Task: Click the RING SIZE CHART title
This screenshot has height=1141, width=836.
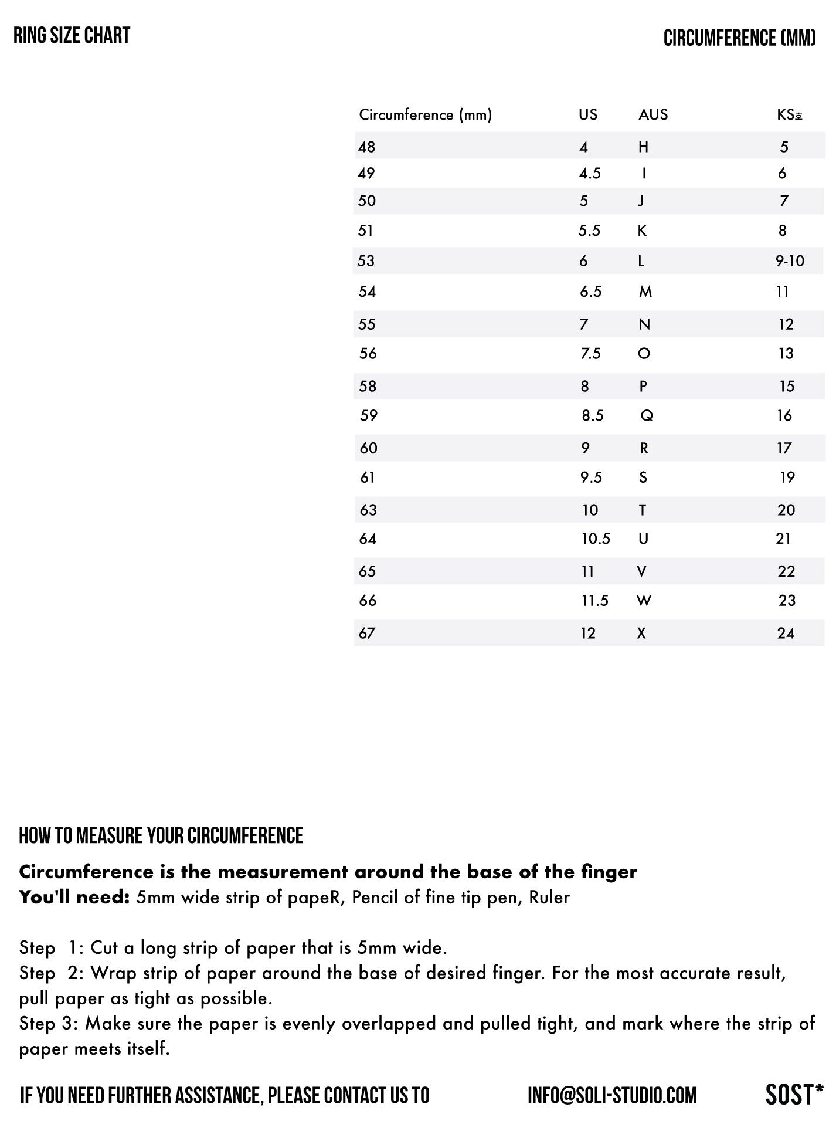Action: pos(72,36)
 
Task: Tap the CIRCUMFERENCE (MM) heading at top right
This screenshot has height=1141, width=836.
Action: pos(739,39)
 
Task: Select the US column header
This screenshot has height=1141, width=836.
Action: pos(587,114)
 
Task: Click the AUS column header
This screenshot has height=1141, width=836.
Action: pos(653,114)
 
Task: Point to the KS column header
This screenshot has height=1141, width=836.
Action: pos(789,115)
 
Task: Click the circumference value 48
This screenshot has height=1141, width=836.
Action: pos(366,147)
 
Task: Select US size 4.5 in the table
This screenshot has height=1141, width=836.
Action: pos(590,174)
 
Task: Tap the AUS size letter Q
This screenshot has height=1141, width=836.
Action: pos(647,416)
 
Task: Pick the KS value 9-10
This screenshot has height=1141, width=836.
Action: pos(790,261)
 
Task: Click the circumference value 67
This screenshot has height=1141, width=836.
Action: pos(367,634)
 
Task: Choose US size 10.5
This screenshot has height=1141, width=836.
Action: pos(596,539)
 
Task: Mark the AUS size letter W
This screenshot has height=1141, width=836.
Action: pos(644,601)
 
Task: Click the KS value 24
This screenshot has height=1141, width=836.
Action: pos(786,634)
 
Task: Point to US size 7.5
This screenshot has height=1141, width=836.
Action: pos(590,354)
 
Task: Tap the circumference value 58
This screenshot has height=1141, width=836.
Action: pos(368,387)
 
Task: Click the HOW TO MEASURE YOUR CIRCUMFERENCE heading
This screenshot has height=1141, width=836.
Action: pos(161,836)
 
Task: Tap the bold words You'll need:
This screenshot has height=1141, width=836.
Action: pos(74,898)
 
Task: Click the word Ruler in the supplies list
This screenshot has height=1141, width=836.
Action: pos(549,898)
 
